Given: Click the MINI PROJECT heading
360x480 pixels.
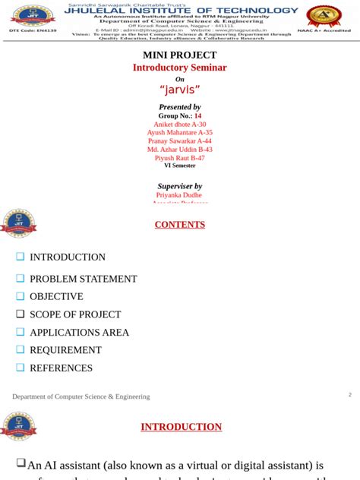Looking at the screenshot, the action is click(180, 55).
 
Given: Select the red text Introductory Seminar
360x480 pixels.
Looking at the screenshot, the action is click(180, 68).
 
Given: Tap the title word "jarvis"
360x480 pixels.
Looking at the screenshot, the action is click(180, 89).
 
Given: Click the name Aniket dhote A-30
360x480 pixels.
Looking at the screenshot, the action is click(180, 125).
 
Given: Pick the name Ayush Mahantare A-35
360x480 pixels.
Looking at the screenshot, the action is click(180, 133).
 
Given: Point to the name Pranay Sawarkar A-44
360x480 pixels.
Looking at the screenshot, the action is click(180, 141).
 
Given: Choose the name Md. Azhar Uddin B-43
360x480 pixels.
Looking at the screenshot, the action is click(180, 150).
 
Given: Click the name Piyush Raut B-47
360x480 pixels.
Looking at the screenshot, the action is click(180, 158).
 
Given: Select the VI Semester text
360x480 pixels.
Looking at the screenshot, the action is click(180, 166).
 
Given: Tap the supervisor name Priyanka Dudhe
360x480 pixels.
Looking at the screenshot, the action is click(180, 195).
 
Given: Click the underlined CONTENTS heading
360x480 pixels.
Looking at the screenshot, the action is click(180, 225).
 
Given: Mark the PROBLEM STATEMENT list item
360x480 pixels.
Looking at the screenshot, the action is click(84, 279).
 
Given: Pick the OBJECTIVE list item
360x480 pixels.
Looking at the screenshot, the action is click(56, 296).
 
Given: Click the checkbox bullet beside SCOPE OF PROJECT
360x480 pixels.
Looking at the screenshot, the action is click(21, 314).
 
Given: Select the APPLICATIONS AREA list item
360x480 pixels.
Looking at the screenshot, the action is click(80, 332).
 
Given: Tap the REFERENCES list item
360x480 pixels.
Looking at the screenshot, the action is click(61, 368).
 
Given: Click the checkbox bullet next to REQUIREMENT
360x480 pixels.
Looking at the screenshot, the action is click(21, 349).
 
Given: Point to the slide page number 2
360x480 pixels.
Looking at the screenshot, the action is click(349, 395).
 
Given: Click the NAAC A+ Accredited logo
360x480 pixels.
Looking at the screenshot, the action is click(324, 17).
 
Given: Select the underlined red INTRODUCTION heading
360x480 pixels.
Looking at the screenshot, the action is click(181, 427).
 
